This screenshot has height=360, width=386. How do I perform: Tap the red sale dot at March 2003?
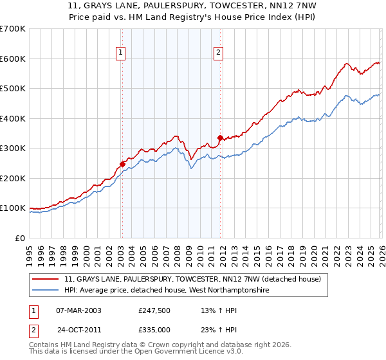[122, 164]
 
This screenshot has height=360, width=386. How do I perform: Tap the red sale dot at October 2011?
[220, 138]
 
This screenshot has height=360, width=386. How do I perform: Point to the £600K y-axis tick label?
[13, 59]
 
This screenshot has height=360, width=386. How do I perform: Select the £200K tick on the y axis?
[13, 178]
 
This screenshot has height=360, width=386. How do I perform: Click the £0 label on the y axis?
[19, 238]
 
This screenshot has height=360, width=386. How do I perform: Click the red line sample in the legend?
[46, 279]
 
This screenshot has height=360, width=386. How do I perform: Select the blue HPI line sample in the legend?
[46, 291]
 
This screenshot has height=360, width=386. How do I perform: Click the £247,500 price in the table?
[154, 310]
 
